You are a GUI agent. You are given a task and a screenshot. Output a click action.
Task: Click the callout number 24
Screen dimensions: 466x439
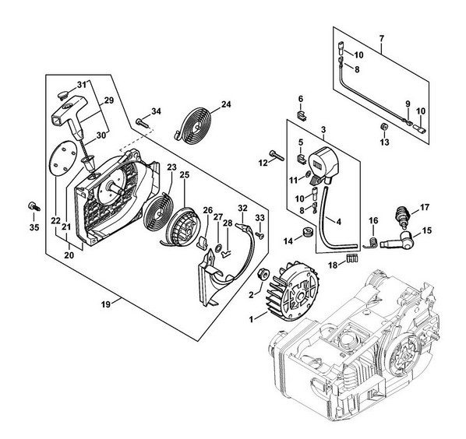[226, 104]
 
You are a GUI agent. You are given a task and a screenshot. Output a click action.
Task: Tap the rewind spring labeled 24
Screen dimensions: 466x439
[194, 125]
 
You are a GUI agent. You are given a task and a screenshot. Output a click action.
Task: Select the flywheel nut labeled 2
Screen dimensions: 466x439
[263, 275]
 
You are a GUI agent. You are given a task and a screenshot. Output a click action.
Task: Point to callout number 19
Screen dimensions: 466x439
[105, 304]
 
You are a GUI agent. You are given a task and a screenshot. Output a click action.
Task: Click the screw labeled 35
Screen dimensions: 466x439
[34, 206]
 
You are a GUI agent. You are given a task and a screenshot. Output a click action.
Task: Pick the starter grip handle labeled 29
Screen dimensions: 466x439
[72, 117]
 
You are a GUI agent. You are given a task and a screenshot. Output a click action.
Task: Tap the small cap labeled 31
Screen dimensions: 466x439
[62, 96]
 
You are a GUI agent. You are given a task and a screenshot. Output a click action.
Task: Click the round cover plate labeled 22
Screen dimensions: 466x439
[62, 159]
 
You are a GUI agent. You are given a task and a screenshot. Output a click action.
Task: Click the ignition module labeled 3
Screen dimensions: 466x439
[323, 163]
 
